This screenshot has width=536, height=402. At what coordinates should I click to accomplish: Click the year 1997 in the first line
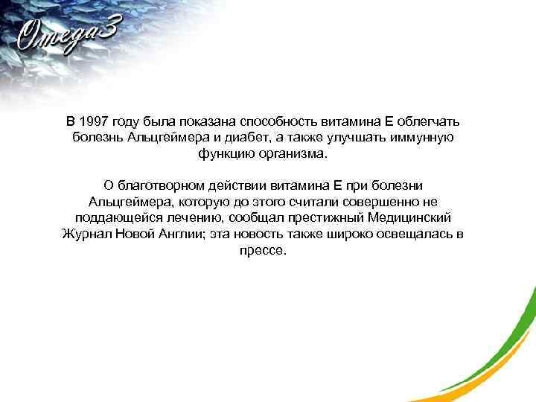point(94,121)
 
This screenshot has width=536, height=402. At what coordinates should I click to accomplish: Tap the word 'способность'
point(281,121)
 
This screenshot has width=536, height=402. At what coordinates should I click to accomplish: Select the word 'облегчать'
point(433,121)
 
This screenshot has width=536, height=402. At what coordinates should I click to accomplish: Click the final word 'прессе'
point(263,252)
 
